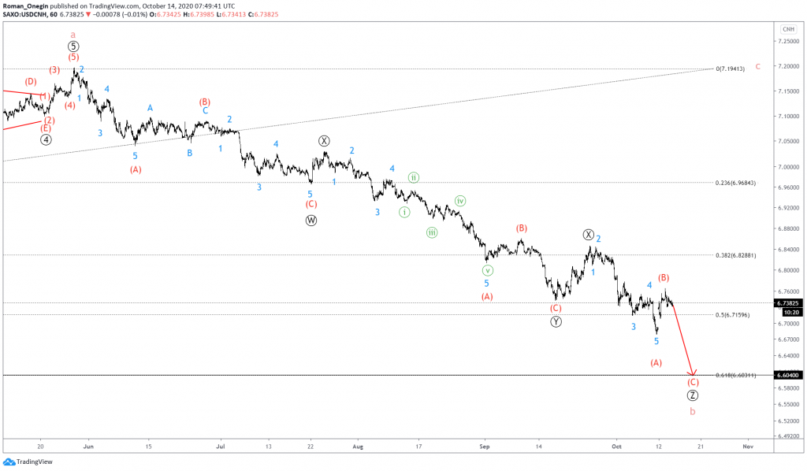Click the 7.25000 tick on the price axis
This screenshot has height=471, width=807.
click(x=787, y=42)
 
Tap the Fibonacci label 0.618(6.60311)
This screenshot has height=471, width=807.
click(x=735, y=376)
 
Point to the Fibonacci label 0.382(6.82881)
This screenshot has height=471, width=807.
click(x=736, y=255)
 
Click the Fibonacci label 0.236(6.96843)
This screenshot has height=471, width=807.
click(x=736, y=183)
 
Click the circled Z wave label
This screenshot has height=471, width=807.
click(x=693, y=395)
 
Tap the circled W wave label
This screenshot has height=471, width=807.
click(x=311, y=221)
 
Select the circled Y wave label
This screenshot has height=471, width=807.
click(x=556, y=321)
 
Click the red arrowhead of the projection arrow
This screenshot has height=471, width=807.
click(x=692, y=373)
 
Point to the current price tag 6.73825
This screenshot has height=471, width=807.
click(x=788, y=302)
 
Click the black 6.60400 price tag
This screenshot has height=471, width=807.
click(x=788, y=376)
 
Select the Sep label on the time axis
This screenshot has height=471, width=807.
click(x=485, y=446)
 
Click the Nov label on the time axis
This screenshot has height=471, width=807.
click(x=748, y=446)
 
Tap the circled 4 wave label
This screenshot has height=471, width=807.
click(x=46, y=140)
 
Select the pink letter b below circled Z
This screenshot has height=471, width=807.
click(x=693, y=411)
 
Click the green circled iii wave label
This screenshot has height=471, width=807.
click(x=432, y=232)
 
